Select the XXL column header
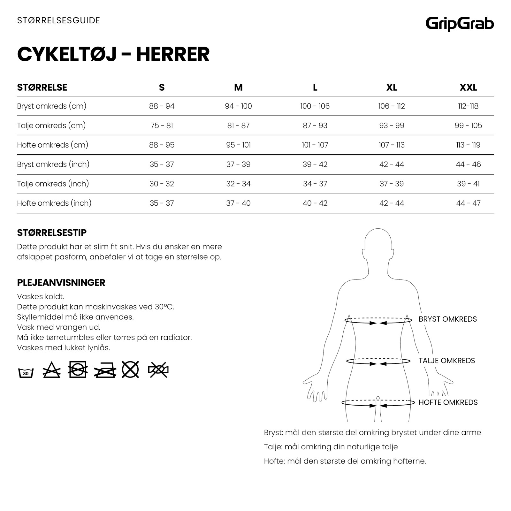click(x=468, y=88)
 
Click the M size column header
click(x=238, y=88)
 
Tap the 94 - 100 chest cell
click(x=238, y=106)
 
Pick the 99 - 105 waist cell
click(x=468, y=126)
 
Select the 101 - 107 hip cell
click(x=315, y=145)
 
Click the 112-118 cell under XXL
click(x=468, y=106)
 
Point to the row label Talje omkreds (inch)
click(x=53, y=184)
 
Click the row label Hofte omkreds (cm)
click(x=53, y=145)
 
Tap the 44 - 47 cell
click(x=468, y=203)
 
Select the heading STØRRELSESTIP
click(x=52, y=233)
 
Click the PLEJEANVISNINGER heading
click(x=61, y=283)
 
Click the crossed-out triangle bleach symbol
click(x=51, y=370)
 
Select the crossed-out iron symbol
click(x=105, y=370)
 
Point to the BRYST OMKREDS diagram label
click(x=447, y=319)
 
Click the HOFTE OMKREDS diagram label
click(x=448, y=402)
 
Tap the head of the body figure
click(x=378, y=243)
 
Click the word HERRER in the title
click(x=173, y=54)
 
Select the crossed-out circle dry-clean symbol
click(x=130, y=370)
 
